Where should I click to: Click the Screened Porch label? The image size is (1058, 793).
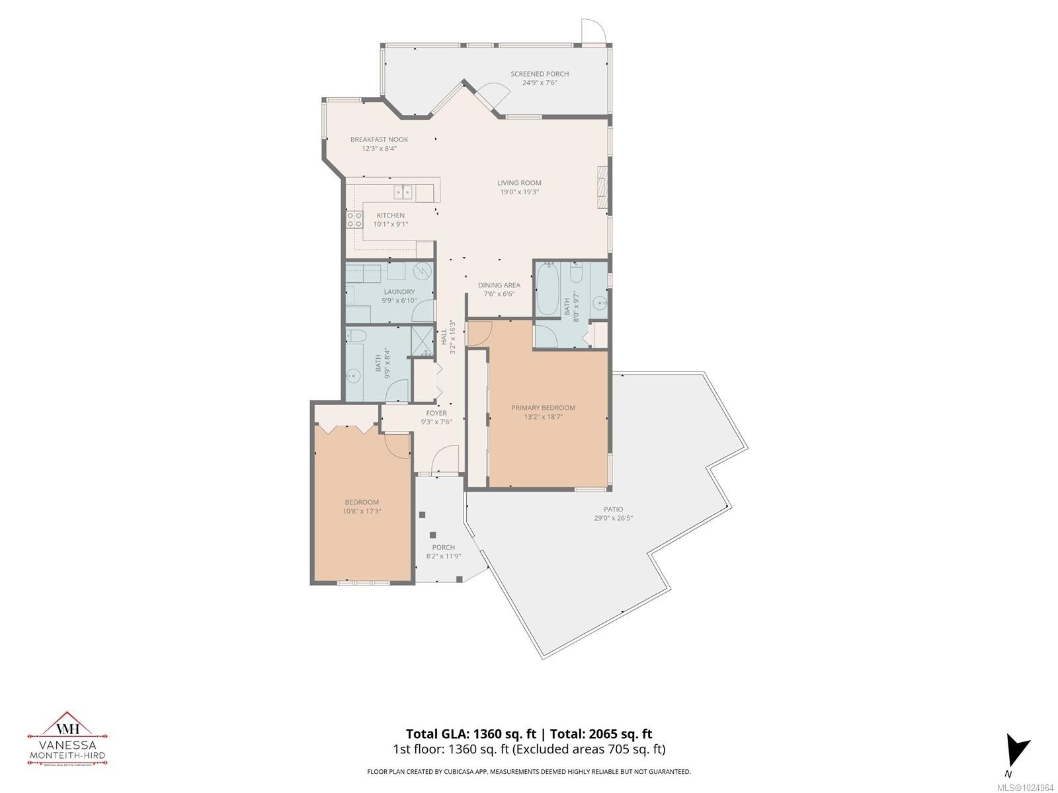click(x=539, y=74)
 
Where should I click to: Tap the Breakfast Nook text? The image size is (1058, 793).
click(x=379, y=139)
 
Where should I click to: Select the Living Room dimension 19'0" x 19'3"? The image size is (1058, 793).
click(x=519, y=192)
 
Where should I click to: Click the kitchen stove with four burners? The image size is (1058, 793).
click(x=354, y=219)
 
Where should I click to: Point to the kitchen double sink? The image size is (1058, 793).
click(x=403, y=192)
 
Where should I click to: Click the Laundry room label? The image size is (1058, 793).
click(x=399, y=291)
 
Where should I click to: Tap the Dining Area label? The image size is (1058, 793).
click(x=499, y=285)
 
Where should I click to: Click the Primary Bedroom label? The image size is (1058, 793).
click(x=543, y=408)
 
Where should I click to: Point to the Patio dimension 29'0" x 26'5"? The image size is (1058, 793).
click(x=613, y=519)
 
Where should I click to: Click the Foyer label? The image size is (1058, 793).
click(x=436, y=413)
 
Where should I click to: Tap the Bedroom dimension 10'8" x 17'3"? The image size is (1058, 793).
click(x=362, y=511)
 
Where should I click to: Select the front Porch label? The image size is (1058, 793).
click(x=443, y=547)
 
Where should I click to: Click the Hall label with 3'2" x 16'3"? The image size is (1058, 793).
click(x=448, y=337)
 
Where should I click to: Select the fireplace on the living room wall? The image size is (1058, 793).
click(x=602, y=188)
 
